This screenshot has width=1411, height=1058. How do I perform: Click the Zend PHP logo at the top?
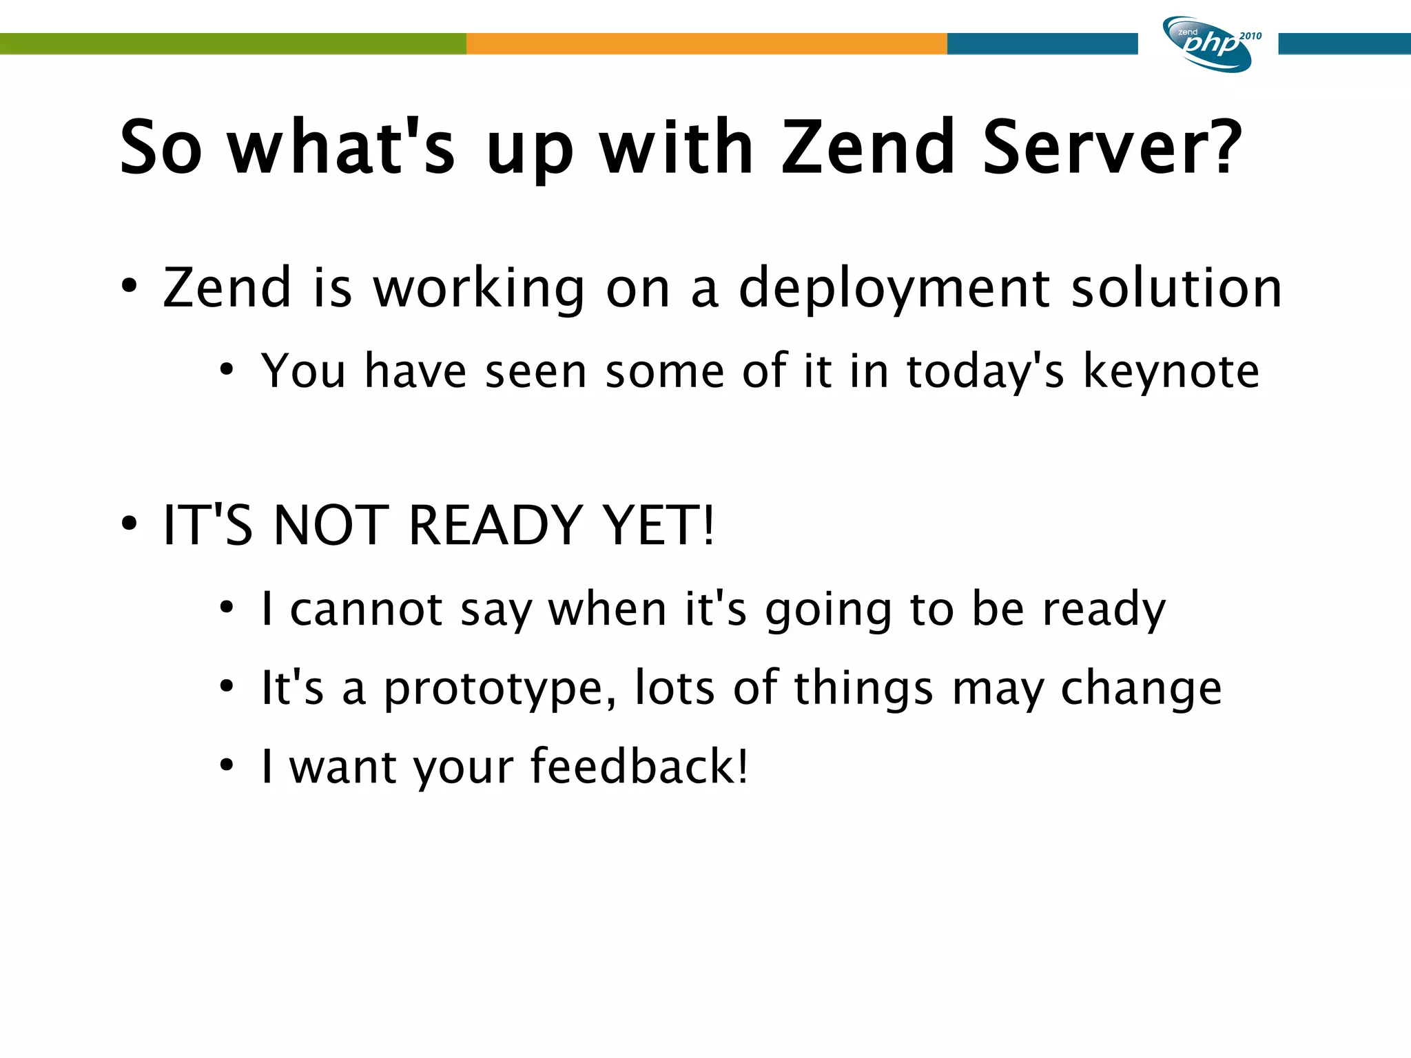click(1207, 44)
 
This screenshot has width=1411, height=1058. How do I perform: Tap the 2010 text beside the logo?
click(1250, 36)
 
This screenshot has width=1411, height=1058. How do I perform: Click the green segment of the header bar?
click(233, 43)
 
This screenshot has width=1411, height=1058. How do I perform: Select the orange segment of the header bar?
click(706, 43)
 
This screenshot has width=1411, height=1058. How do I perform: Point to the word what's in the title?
click(342, 147)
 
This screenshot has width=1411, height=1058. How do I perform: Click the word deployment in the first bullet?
click(894, 288)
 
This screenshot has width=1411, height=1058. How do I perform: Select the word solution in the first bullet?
click(1177, 288)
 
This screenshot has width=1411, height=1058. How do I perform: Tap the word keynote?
click(1171, 372)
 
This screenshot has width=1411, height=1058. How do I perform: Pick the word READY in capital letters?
click(495, 526)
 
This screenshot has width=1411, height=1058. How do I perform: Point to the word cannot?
click(366, 610)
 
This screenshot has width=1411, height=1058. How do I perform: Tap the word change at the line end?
click(1141, 689)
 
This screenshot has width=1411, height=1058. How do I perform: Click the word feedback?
click(639, 766)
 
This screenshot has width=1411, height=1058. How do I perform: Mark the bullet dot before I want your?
click(227, 765)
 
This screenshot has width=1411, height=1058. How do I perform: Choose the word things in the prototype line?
click(863, 689)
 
